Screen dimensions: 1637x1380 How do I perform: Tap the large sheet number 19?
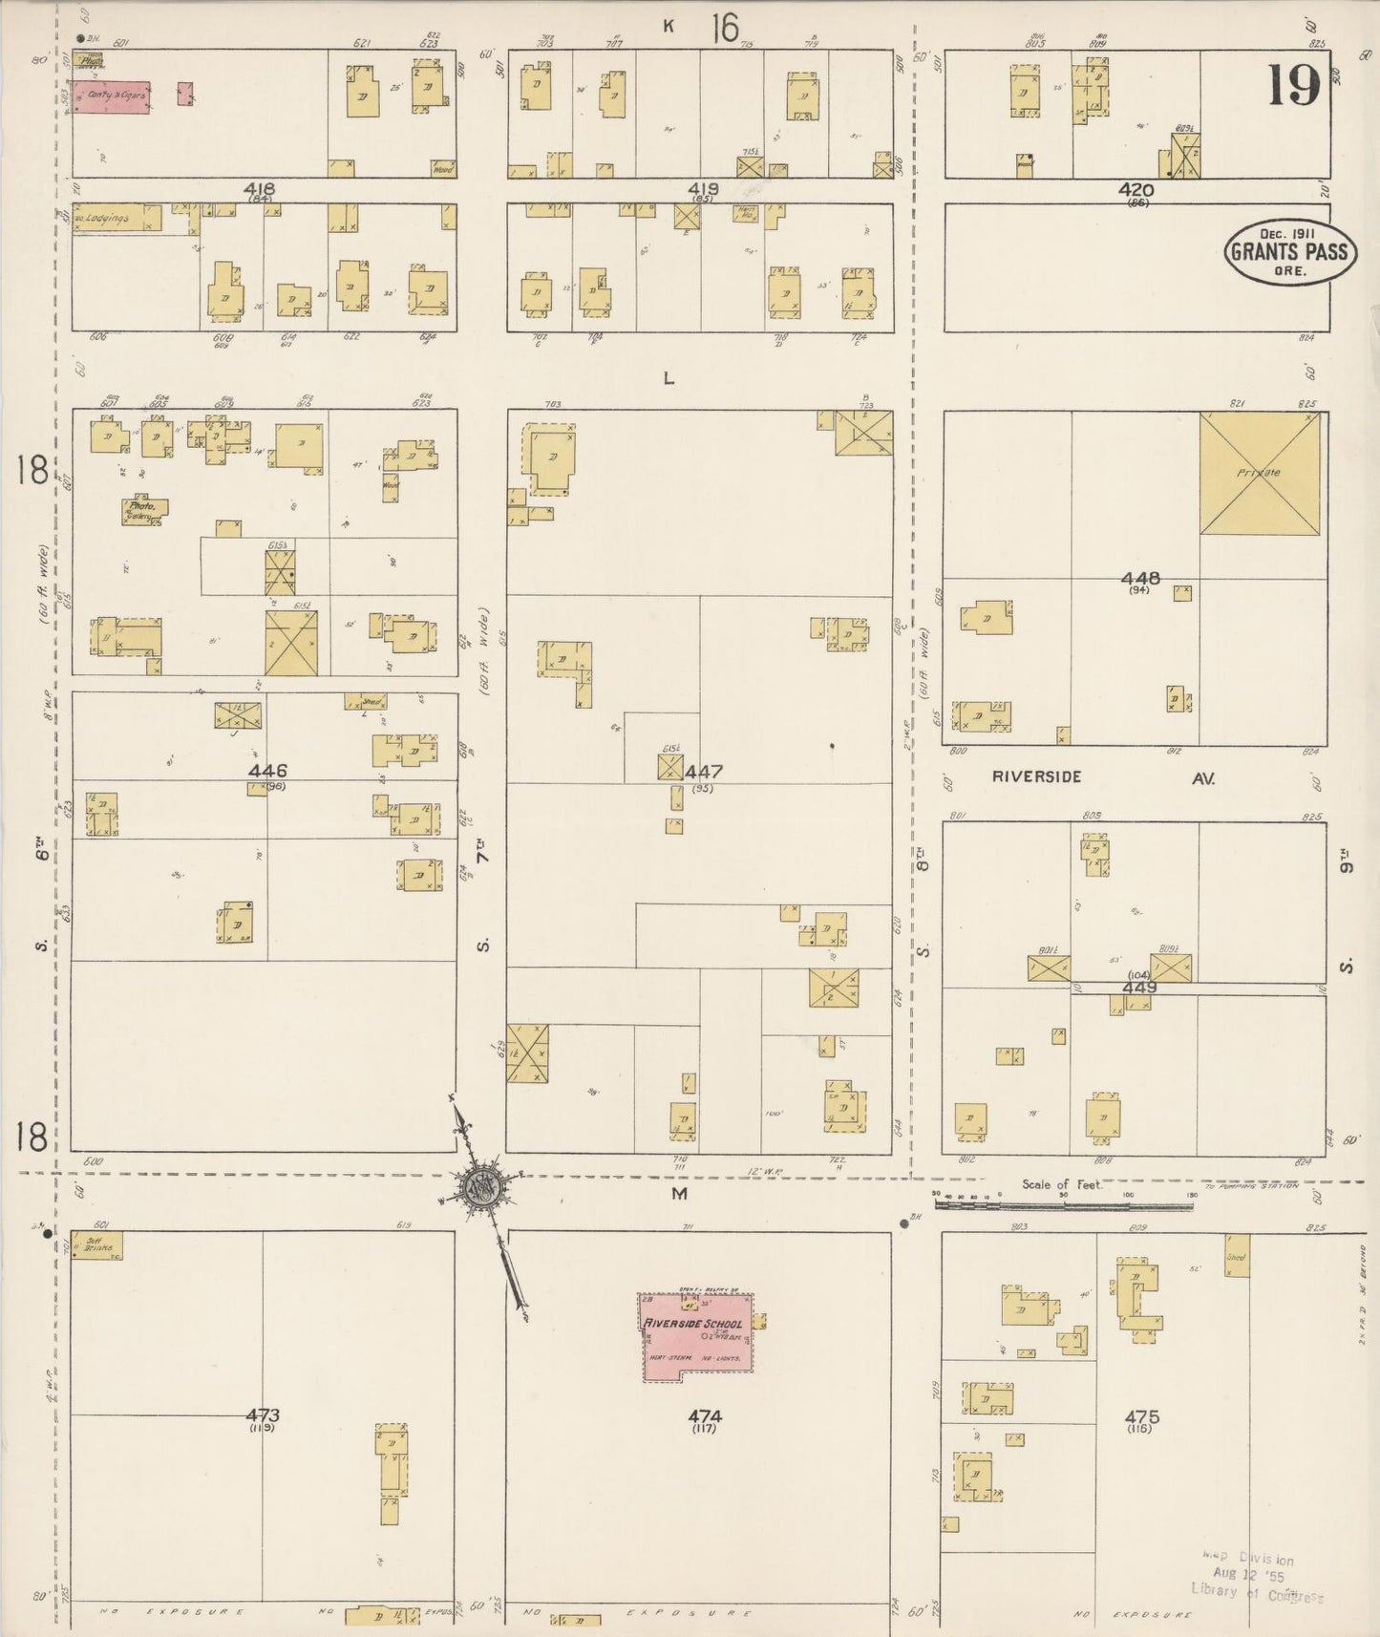1294,85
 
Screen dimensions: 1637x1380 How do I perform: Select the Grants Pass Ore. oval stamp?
1289,251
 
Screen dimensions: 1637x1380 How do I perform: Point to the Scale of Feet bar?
1063,1206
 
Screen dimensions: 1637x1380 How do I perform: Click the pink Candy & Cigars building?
112,97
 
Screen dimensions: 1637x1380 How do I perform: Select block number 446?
267,771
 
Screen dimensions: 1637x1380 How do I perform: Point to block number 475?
1141,1416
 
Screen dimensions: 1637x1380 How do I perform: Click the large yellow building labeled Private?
1260,473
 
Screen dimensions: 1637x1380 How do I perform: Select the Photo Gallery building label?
144,510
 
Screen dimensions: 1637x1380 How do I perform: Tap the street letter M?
679,1194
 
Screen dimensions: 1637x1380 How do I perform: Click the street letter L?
669,378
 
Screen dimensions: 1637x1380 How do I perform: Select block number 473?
262,1415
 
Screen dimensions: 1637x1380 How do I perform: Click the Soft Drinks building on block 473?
98,1245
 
